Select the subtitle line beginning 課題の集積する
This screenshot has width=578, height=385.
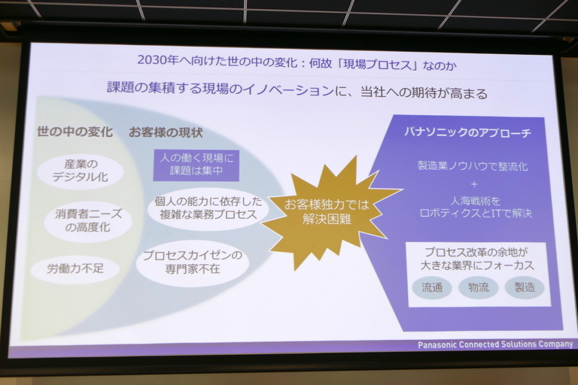point(297,90)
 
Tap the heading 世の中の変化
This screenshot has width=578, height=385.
point(74,132)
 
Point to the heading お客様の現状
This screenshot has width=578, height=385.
point(166,132)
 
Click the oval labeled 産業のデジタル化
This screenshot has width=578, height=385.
point(80,171)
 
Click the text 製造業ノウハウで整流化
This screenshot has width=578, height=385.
point(473,166)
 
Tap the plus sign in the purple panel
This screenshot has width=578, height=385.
point(474,183)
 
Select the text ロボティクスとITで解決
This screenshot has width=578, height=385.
point(475,213)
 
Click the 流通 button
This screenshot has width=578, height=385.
point(432,287)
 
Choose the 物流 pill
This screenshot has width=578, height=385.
point(478,287)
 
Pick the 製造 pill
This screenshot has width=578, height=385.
point(524,287)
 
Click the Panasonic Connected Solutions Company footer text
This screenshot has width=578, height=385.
point(495,345)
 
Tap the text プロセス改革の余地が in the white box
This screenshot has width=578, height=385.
point(479,251)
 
